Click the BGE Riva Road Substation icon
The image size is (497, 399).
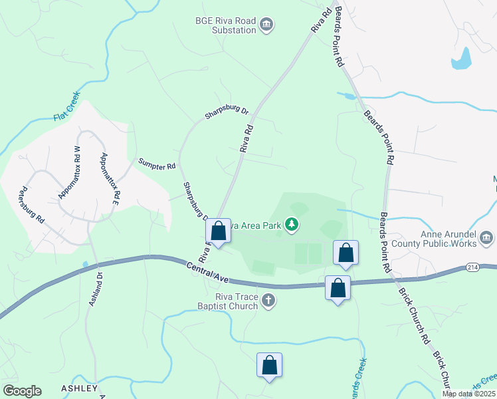tap(266, 25)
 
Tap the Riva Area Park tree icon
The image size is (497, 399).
tap(292, 225)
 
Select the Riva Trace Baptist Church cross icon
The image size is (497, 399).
tap(268, 301)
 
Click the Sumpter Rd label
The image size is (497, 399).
tap(157, 163)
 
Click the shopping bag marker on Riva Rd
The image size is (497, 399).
tap(218, 232)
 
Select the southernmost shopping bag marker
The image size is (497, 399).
tap(270, 365)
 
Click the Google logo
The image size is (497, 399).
tap(22, 390)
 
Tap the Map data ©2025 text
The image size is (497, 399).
tap(468, 394)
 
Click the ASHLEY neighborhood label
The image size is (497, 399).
tap(79, 388)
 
